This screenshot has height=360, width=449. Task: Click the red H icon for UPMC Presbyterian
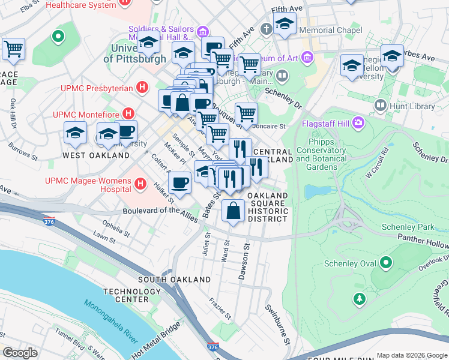click(x=142, y=88)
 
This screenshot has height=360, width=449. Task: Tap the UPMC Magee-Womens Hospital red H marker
click(x=140, y=183)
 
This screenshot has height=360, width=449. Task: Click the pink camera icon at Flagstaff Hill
click(x=358, y=123)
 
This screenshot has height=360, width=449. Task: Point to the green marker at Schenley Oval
click(x=387, y=263)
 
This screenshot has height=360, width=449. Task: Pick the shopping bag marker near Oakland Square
click(x=233, y=211)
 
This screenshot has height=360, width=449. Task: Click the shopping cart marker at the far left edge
click(x=13, y=49)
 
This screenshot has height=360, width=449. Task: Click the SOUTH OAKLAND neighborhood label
click(x=174, y=280)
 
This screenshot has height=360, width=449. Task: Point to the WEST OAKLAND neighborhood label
click(x=96, y=155)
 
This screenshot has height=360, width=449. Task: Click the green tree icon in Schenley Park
click(x=360, y=298)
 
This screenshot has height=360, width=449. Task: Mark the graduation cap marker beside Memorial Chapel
click(x=284, y=25)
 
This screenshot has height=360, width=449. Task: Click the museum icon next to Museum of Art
click(x=307, y=58)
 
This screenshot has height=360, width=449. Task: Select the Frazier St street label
click(x=220, y=307)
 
